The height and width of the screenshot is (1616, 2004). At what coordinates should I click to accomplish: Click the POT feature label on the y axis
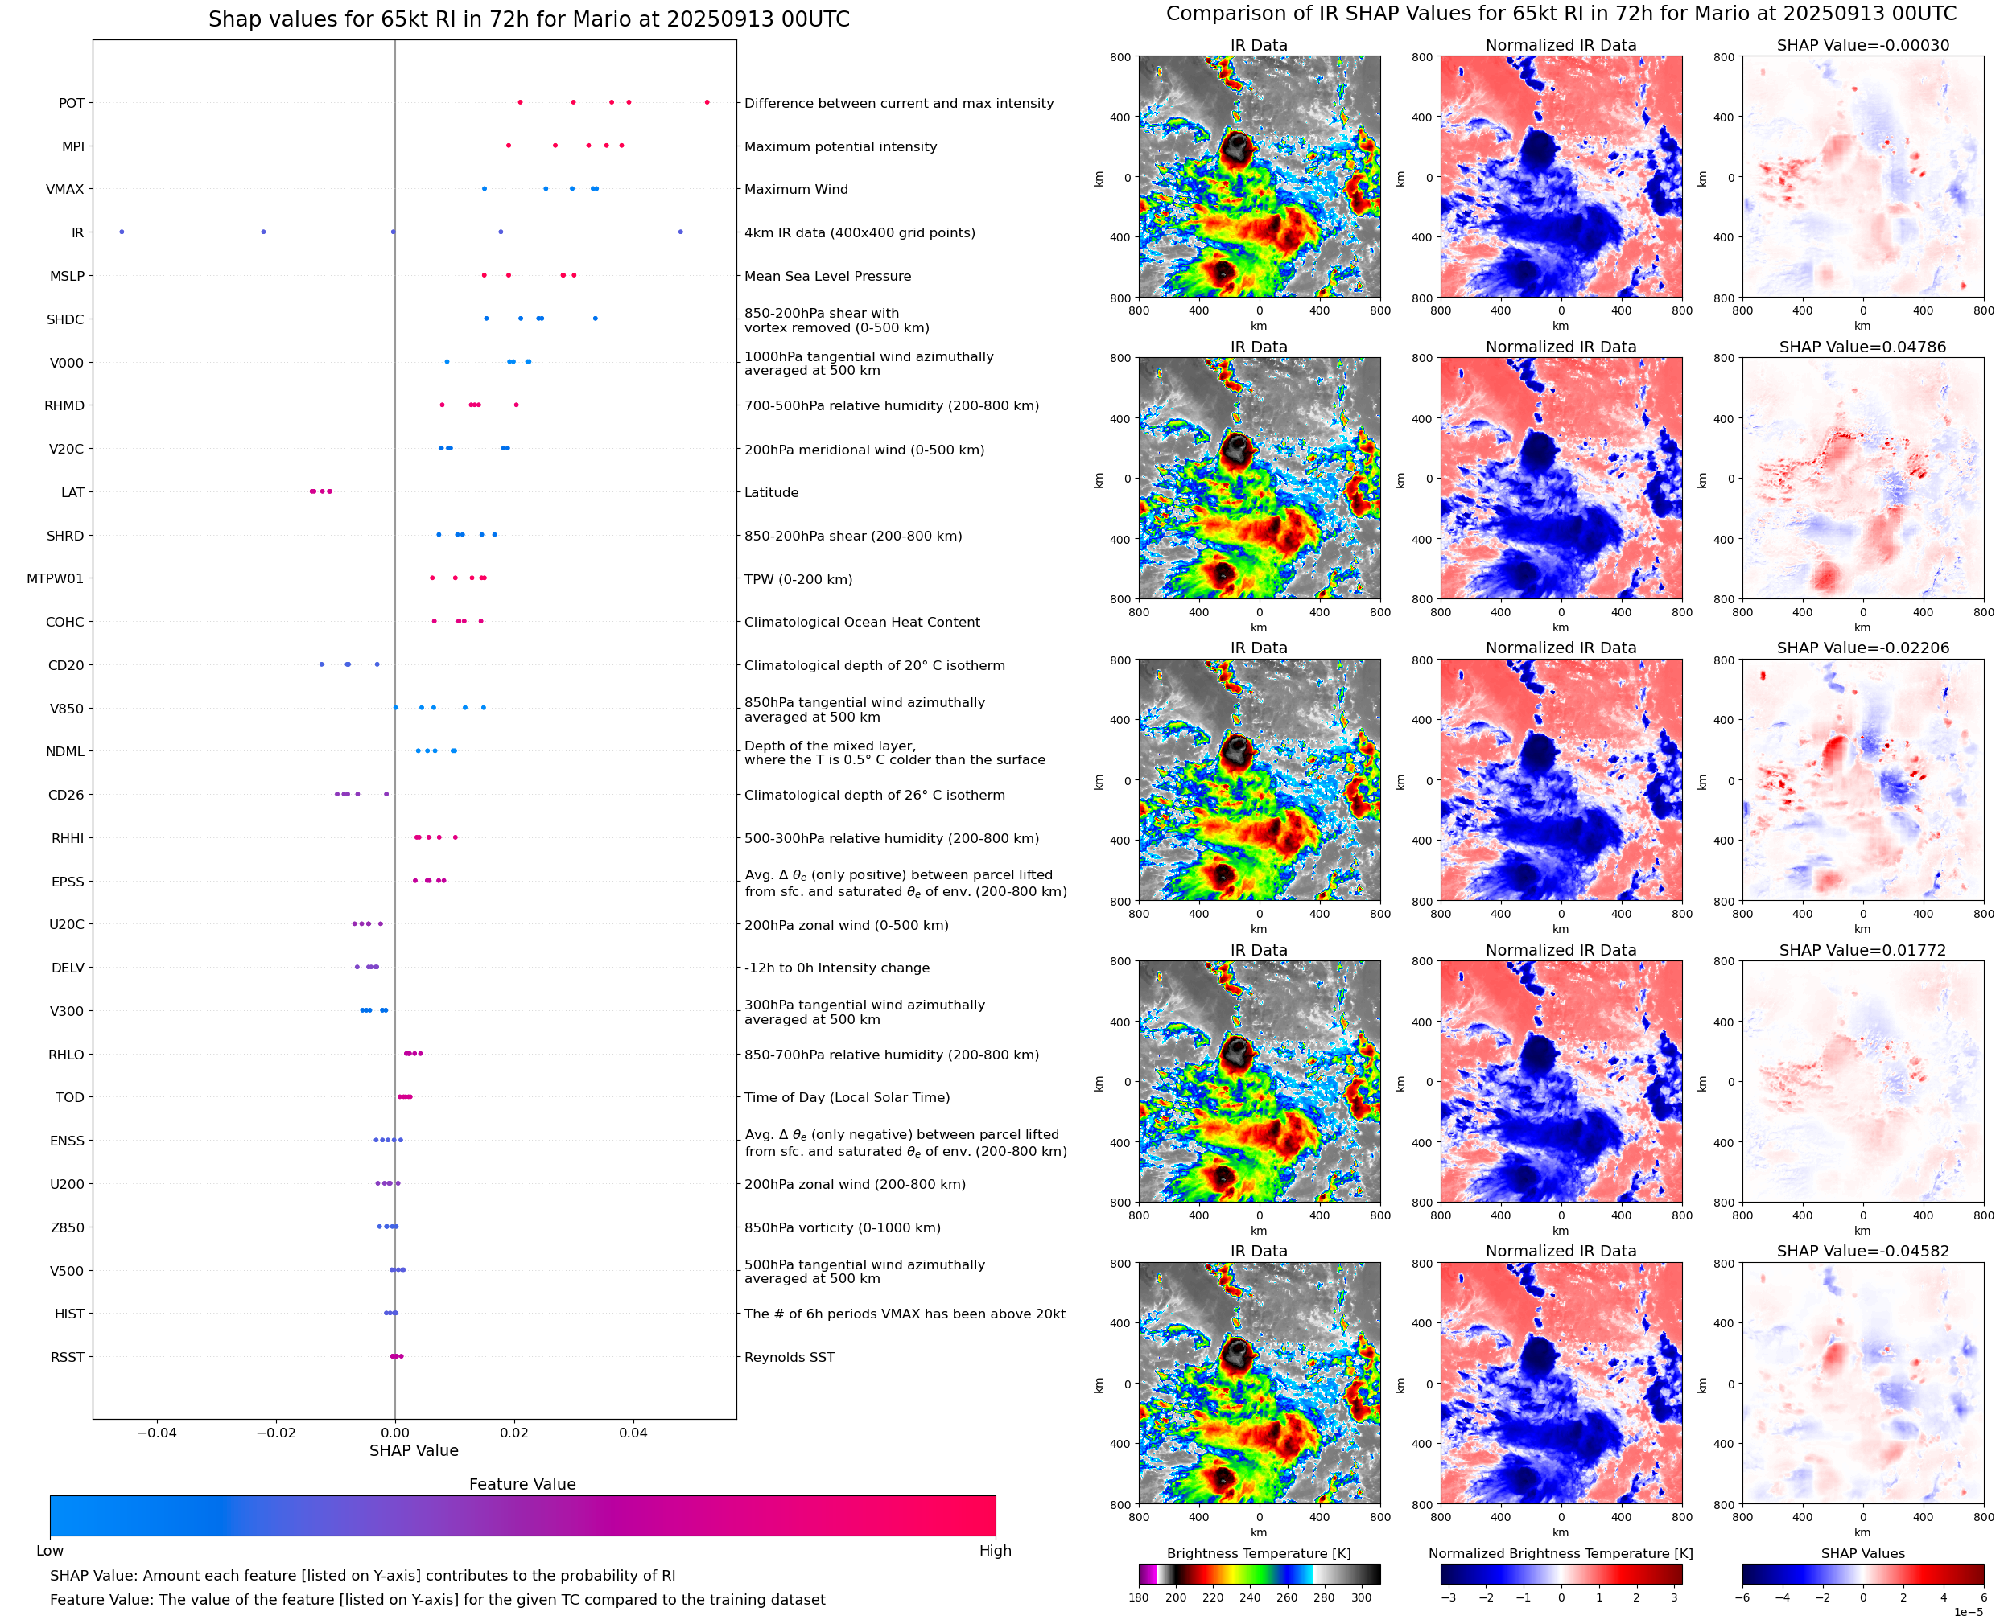tap(71, 103)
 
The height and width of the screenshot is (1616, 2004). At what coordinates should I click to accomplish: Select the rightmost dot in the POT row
tap(707, 102)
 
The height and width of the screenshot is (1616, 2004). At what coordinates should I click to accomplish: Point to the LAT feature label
tap(72, 492)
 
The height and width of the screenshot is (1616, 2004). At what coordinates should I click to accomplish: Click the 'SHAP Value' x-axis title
tap(414, 1450)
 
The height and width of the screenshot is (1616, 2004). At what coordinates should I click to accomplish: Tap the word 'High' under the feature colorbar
tap(995, 1551)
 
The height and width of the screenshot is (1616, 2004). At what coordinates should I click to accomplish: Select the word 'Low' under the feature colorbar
tap(49, 1551)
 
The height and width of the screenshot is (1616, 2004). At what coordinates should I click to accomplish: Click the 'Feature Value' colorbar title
tap(522, 1484)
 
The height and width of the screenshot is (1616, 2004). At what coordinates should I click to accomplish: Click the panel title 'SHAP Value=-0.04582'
tap(1862, 1251)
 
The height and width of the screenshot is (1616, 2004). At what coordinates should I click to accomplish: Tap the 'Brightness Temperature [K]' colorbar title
tap(1258, 1553)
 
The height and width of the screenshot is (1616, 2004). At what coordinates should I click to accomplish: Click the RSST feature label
tap(67, 1357)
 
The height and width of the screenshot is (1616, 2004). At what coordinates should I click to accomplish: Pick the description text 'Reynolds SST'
tap(789, 1357)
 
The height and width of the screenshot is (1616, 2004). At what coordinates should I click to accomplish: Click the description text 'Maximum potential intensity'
tap(840, 147)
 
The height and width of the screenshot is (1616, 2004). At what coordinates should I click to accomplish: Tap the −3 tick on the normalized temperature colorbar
tap(1448, 1597)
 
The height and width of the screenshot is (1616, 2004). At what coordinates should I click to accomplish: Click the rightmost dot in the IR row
tap(681, 232)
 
